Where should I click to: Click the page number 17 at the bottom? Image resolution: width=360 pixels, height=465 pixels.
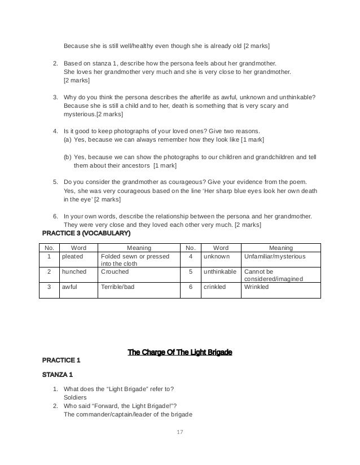tap(180, 433)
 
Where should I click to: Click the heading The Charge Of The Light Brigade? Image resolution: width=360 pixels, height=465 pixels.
tap(180, 353)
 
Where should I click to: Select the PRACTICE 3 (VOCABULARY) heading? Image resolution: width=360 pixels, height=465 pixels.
tap(86, 232)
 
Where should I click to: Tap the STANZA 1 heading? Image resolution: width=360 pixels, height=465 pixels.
tap(56, 374)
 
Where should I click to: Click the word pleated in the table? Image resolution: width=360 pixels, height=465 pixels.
tap(72, 257)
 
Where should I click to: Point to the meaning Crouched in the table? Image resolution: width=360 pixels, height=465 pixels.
tap(115, 271)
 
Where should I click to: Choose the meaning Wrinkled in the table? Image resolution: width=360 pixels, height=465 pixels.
tap(256, 287)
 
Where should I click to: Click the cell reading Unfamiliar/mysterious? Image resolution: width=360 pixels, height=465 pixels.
tap(274, 257)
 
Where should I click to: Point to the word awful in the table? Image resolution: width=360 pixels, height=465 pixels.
tap(69, 287)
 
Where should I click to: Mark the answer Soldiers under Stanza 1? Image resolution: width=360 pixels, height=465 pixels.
tap(76, 397)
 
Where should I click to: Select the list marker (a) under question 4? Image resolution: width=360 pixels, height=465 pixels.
tap(68, 139)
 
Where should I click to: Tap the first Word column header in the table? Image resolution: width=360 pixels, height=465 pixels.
tap(78, 247)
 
